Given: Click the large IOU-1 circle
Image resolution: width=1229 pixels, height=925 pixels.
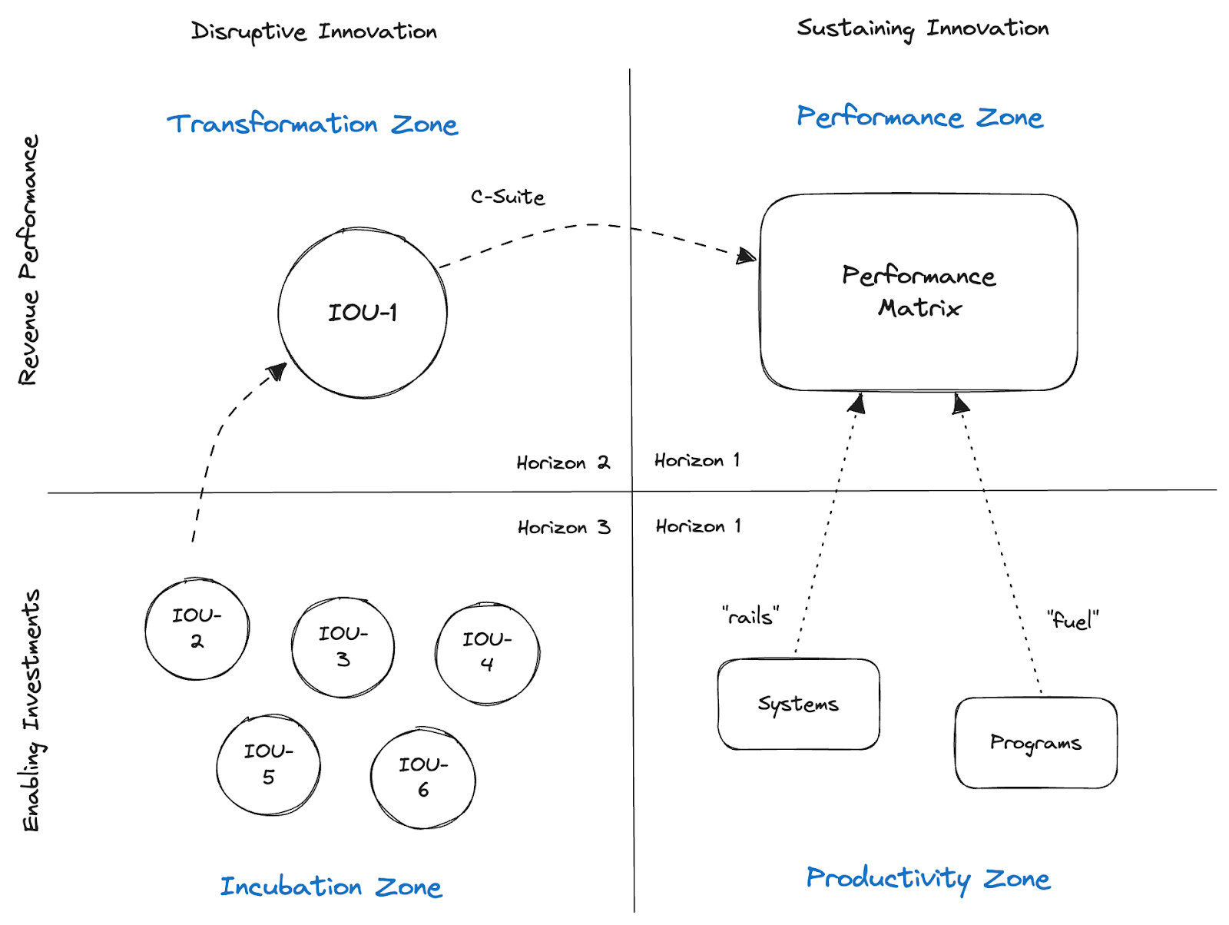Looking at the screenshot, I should tap(363, 313).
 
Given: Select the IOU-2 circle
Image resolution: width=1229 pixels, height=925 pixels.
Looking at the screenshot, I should tap(197, 629).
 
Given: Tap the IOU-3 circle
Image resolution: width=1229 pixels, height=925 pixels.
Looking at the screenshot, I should tap(343, 647).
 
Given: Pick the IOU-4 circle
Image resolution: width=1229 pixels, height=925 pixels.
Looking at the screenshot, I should tap(487, 653).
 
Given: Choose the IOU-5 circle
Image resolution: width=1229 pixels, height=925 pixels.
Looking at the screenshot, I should tap(268, 764).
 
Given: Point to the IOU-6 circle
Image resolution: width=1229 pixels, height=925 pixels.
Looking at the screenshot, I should tap(422, 777).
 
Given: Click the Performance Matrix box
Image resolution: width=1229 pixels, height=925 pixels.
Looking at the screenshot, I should tap(919, 292).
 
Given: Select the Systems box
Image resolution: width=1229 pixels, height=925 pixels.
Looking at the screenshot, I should tap(798, 704).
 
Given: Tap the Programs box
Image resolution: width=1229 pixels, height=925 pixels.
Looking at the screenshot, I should tap(1035, 743).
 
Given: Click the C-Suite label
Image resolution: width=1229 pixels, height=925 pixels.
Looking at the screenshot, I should tap(508, 197).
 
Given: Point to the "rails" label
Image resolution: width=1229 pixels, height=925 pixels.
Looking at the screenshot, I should tap(750, 616).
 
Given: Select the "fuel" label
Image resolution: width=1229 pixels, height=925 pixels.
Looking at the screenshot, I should tap(1072, 620).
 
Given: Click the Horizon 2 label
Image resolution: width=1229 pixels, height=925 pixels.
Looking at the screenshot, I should tap(563, 462).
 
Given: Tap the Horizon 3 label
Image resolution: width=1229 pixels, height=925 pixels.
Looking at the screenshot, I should tap(564, 528).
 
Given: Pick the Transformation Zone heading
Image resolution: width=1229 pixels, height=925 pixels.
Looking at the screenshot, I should tap(313, 124).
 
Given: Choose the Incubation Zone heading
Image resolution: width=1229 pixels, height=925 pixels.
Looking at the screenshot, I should tap(331, 887).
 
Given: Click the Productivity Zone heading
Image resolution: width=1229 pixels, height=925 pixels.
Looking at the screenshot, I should tap(928, 878).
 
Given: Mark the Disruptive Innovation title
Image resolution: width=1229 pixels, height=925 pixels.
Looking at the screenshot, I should tap(313, 32).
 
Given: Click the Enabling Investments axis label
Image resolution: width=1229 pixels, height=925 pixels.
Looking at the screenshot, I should tap(31, 711).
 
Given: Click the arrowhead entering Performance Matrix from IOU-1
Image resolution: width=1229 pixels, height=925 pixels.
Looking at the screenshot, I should tap(746, 256).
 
